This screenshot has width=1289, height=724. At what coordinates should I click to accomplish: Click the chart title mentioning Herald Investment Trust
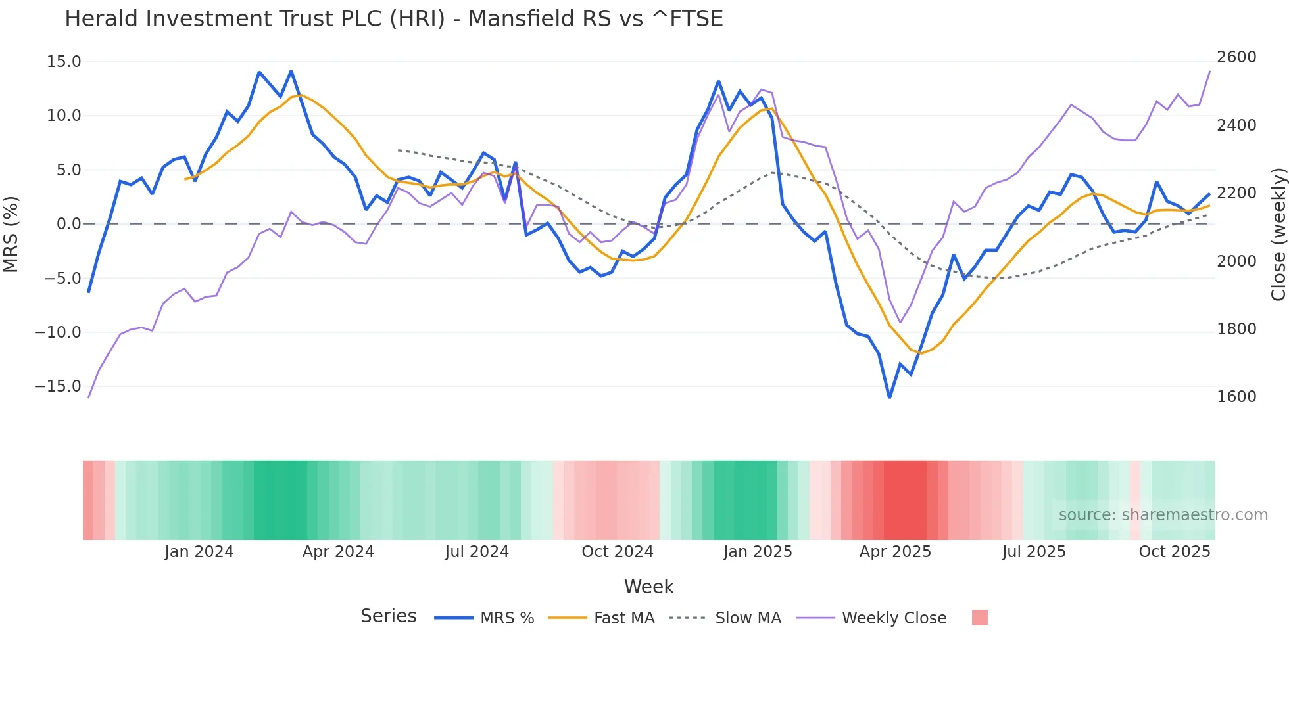pos(394,19)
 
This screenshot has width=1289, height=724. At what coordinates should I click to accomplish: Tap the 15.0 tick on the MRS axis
pos(64,62)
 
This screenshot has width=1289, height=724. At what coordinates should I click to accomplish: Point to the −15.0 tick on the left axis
pos(58,386)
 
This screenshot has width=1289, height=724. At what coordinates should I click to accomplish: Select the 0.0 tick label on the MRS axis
pos(68,224)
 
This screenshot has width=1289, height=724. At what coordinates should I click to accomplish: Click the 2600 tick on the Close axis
pos(1236,57)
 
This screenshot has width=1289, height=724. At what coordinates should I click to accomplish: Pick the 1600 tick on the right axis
pos(1236,397)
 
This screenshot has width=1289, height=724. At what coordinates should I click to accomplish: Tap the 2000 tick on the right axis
pos(1236,261)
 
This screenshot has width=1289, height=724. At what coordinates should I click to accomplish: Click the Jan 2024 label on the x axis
pos(199,552)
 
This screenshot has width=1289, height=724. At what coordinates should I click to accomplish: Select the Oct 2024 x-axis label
pos(617,552)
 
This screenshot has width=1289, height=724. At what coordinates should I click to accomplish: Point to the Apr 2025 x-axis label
pos(895,552)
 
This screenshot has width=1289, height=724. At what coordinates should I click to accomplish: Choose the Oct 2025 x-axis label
pos(1175,552)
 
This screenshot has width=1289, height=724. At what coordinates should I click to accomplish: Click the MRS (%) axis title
pos(11,234)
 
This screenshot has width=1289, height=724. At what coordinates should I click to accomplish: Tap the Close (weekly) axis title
pos(1278,235)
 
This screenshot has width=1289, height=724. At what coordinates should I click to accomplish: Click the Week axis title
pos(648,587)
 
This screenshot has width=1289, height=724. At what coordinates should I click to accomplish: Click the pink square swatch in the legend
pos(980,618)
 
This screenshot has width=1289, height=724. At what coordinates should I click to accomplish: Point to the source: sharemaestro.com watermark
pos(1163,515)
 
